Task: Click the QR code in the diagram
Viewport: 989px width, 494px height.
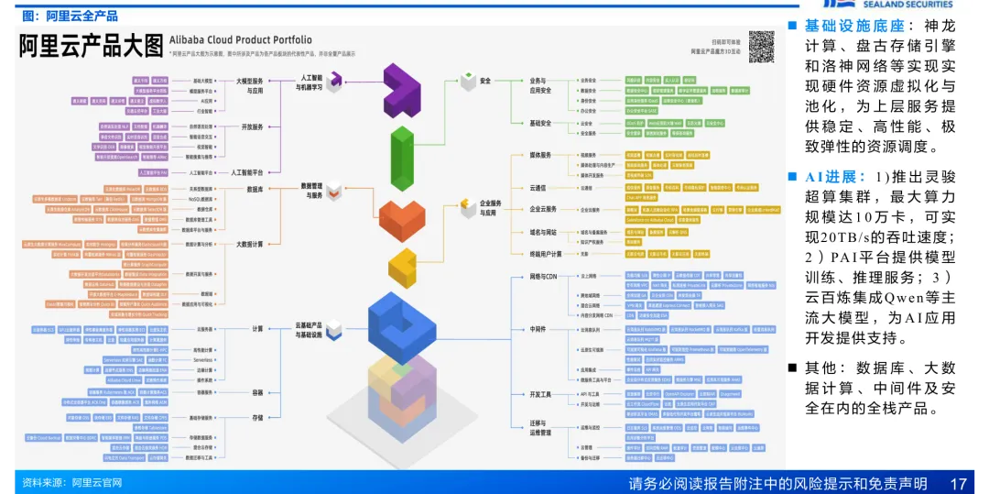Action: (x=761, y=45)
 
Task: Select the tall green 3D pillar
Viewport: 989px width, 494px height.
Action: (x=402, y=159)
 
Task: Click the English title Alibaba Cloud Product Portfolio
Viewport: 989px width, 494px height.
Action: (x=242, y=40)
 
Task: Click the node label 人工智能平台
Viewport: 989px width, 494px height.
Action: (x=247, y=172)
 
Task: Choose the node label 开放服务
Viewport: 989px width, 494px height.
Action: (x=251, y=127)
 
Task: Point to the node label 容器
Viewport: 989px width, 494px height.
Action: (x=257, y=392)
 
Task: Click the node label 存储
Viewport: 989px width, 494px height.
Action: (x=257, y=418)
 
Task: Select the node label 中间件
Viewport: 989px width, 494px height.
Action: (x=538, y=328)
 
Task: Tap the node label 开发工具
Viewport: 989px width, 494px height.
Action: (x=541, y=394)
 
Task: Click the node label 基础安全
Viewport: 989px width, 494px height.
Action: (x=540, y=123)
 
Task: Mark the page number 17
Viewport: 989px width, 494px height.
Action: (x=959, y=483)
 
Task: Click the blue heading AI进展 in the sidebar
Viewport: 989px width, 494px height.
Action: (x=835, y=177)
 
